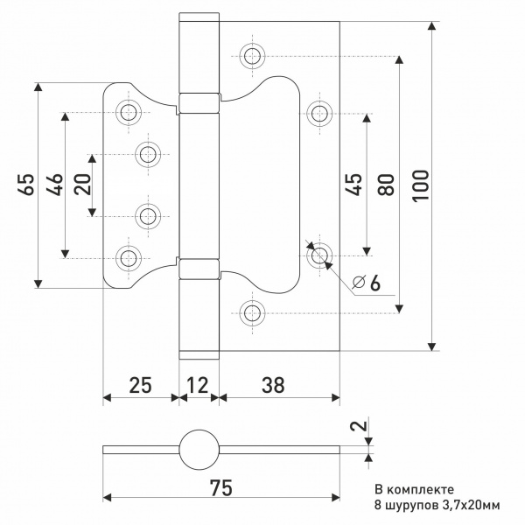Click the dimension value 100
pyautogui.click(x=420, y=185)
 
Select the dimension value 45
pyautogui.click(x=353, y=184)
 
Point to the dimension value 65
pyautogui.click(x=25, y=184)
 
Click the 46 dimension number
pyautogui.click(x=54, y=185)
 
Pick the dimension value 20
pyautogui.click(x=83, y=184)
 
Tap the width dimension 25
pyautogui.click(x=140, y=385)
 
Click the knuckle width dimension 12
pyautogui.click(x=198, y=385)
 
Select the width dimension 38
pyautogui.click(x=273, y=385)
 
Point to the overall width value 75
pyautogui.click(x=221, y=488)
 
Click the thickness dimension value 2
pyautogui.click(x=359, y=426)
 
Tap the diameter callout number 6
pyautogui.click(x=375, y=283)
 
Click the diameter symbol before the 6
pyautogui.click(x=358, y=283)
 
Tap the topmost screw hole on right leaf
pyautogui.click(x=253, y=56)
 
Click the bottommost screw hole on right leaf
pyautogui.click(x=253, y=313)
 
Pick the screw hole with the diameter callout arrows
pyautogui.click(x=319, y=255)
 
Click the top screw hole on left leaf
pyautogui.click(x=129, y=113)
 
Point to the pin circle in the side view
pyautogui.click(x=199, y=450)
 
